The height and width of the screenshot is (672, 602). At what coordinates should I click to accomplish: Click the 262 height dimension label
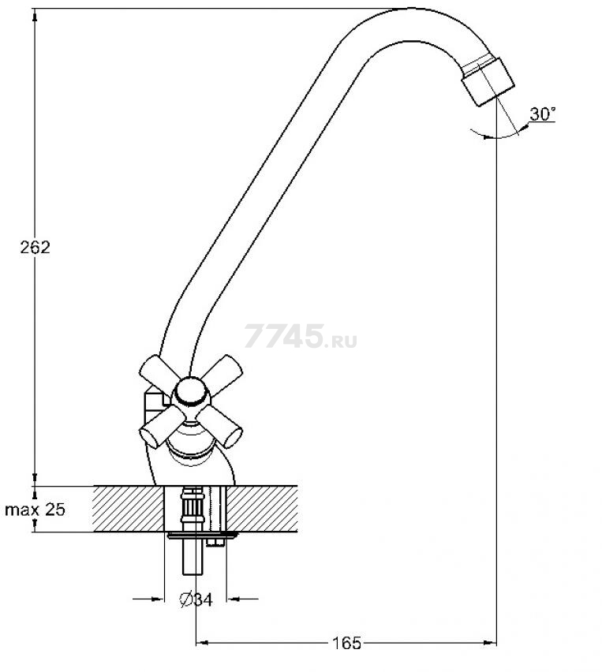(35, 248)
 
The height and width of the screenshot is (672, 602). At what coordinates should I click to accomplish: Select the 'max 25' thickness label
(35, 510)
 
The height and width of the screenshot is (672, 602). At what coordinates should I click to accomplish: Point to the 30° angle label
(542, 114)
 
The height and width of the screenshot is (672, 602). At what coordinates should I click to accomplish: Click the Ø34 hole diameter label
(196, 599)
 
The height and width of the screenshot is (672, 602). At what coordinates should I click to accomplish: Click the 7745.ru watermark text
(301, 336)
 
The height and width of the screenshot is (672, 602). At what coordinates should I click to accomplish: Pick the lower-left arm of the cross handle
(159, 427)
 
